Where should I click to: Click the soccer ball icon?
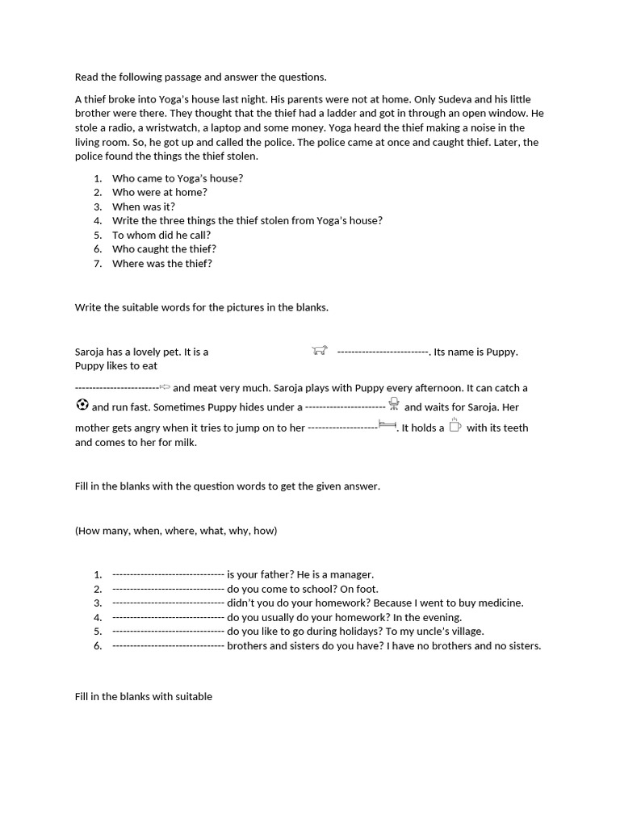(x=82, y=405)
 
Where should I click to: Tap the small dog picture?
(x=320, y=350)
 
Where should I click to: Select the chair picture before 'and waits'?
(x=394, y=403)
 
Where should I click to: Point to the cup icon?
(x=455, y=425)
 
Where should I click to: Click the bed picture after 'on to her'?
(x=387, y=424)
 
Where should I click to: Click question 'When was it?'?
(x=143, y=206)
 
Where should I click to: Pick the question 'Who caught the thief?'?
(x=164, y=249)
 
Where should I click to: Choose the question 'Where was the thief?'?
(x=161, y=264)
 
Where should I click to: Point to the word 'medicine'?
(x=501, y=603)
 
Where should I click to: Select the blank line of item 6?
(x=168, y=646)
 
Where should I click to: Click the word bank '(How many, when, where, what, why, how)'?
(x=176, y=531)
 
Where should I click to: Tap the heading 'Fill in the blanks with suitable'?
(x=144, y=696)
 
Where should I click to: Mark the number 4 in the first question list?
(x=98, y=221)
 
